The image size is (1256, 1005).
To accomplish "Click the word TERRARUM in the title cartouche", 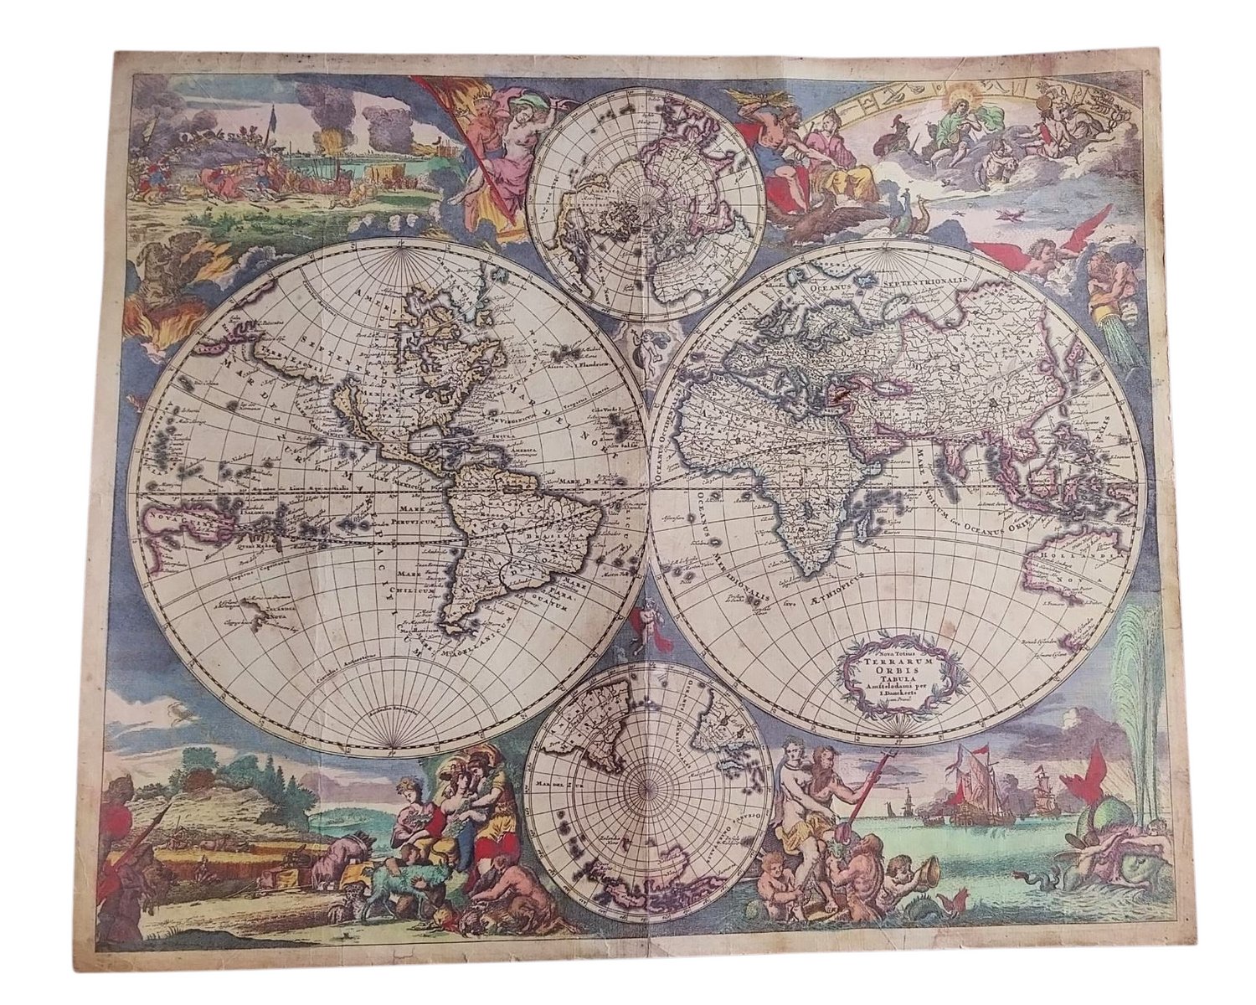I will (894, 659).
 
